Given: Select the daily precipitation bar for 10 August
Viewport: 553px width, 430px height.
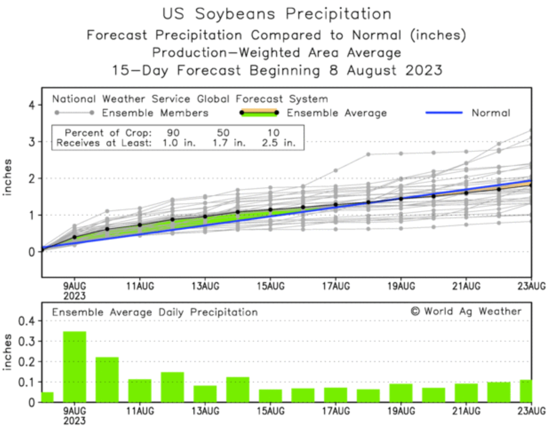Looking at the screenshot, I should click(107, 379).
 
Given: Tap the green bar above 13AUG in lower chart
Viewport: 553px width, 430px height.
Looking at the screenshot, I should click(205, 394).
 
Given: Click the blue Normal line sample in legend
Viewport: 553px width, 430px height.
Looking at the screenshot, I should click(444, 112).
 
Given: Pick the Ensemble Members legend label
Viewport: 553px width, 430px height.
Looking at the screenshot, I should click(155, 113).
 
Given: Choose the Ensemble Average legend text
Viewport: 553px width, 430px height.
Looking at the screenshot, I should click(336, 113).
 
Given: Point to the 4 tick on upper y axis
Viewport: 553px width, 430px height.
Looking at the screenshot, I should click(32, 105).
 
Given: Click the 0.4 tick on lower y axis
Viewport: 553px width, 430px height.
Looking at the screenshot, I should click(26, 321).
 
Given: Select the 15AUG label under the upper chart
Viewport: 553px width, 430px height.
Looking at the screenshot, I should click(270, 286).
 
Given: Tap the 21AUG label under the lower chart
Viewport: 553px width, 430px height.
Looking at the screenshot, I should click(466, 411).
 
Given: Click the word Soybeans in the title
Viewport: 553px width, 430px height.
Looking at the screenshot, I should click(235, 14).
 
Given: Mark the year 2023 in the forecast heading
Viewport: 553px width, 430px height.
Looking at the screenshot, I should click(424, 71).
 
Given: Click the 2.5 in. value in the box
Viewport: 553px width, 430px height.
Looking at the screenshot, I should click(279, 143).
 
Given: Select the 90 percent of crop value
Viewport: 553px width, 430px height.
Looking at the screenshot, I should click(173, 133).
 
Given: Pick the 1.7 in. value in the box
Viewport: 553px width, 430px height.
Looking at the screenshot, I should click(229, 143).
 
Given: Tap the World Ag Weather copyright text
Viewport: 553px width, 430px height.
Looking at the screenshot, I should click(466, 312).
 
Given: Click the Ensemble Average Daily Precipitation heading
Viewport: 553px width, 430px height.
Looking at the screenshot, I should click(155, 312).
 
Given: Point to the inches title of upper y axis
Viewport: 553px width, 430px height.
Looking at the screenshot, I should click(8, 177).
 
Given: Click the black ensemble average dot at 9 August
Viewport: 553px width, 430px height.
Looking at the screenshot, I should click(74, 237).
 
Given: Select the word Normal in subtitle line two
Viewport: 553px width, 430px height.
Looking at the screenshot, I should click(376, 35).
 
